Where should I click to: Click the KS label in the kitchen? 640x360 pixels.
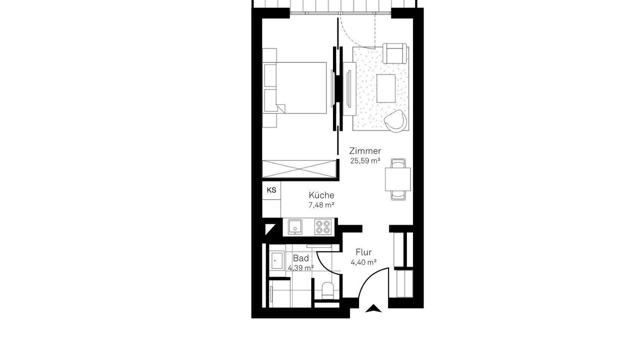(271, 190)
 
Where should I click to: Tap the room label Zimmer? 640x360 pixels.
(365, 151)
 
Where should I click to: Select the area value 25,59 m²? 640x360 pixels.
(365, 161)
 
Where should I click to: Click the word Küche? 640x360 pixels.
(321, 195)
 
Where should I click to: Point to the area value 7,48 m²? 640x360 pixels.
(321, 205)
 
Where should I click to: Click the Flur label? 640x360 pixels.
(363, 252)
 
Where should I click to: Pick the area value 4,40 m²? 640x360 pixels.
(363, 262)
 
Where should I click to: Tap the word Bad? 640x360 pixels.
(301, 258)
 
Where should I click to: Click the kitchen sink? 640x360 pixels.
(295, 227)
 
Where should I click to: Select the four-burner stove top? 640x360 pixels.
(323, 227)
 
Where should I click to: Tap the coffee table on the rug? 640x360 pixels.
(386, 88)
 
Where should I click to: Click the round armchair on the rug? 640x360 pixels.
(395, 121)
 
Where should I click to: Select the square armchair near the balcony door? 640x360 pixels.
(394, 53)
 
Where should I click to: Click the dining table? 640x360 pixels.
(397, 179)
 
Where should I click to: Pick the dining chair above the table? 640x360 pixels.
(398, 163)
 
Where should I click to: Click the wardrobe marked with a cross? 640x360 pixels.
(299, 169)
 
